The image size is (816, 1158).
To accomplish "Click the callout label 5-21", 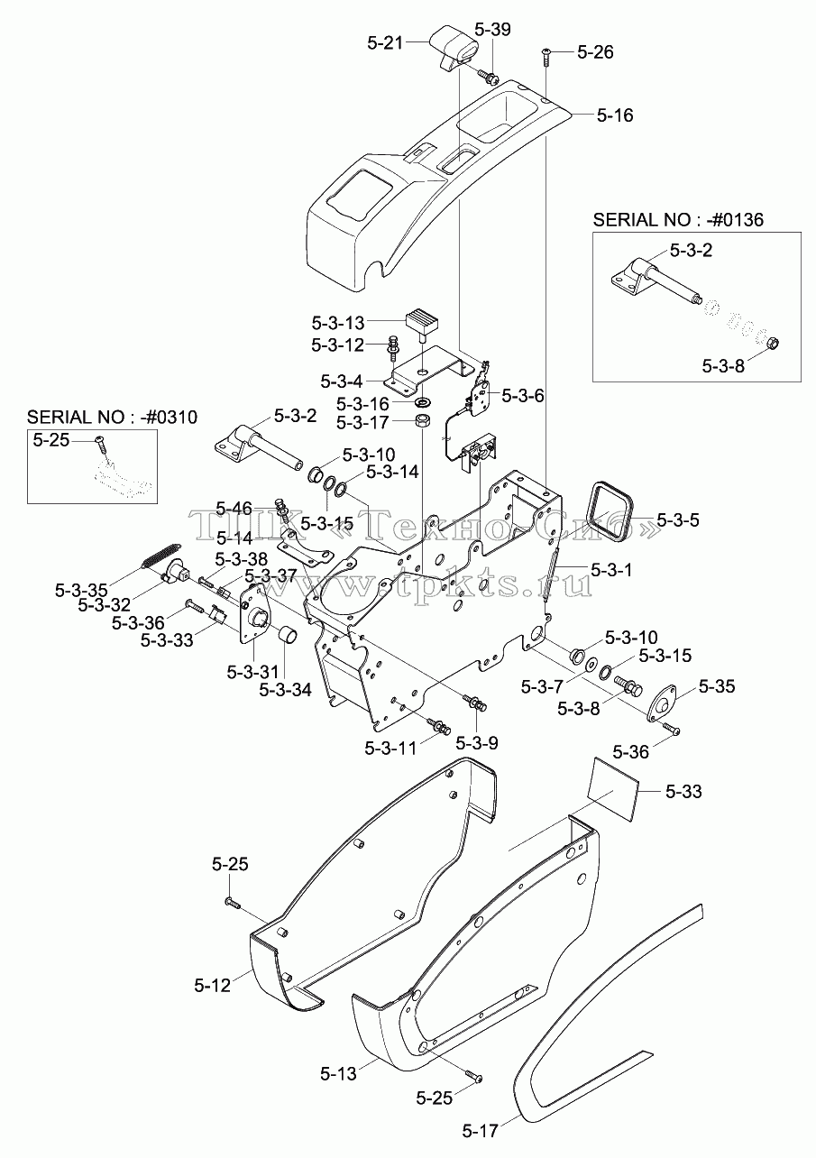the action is (x=385, y=43).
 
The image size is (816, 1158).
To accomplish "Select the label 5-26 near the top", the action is (x=595, y=51).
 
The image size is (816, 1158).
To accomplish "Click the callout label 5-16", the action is (x=615, y=115).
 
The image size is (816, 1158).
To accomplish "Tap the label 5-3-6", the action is (x=522, y=396).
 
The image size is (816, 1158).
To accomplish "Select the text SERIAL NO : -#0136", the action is (x=677, y=220).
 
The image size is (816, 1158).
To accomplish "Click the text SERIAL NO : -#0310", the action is (x=112, y=417).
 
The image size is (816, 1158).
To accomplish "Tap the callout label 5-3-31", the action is (x=252, y=672).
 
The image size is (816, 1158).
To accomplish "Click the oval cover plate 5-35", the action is (x=662, y=702).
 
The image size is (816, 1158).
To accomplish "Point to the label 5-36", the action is (x=631, y=751).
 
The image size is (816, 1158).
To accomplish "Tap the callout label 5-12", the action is (x=213, y=986).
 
